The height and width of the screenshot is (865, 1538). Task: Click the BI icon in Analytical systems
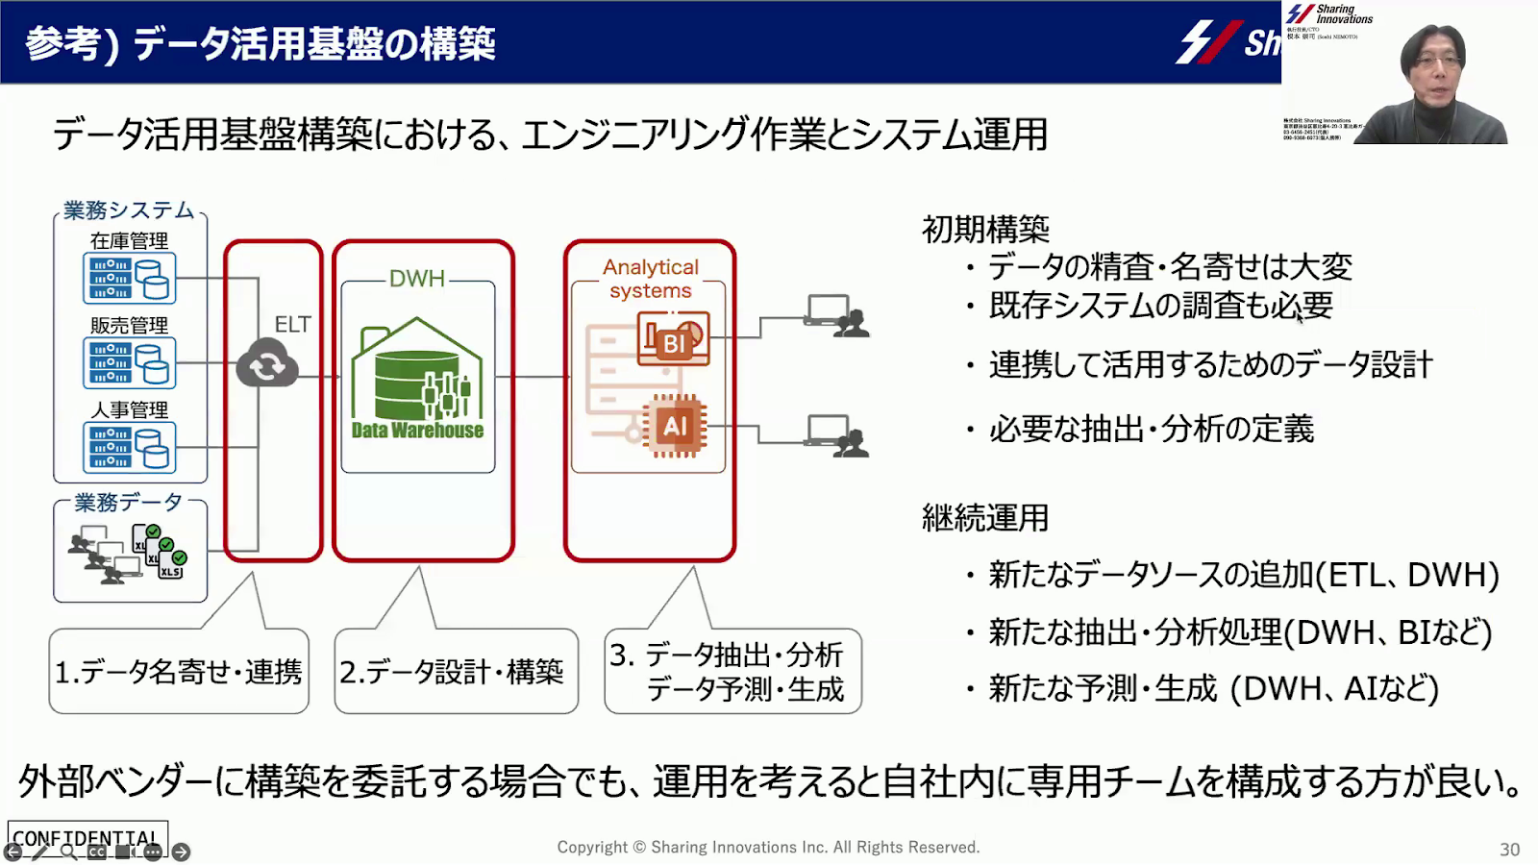coord(673,339)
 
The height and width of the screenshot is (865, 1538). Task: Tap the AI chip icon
coord(675,426)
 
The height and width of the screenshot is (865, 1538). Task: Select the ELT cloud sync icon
coord(266,364)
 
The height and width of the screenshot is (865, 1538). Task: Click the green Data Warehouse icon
coord(417,380)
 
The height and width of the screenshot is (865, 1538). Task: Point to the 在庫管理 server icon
coord(130,278)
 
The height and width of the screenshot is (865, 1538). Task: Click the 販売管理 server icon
coord(130,362)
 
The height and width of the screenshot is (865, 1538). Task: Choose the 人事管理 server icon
coord(130,447)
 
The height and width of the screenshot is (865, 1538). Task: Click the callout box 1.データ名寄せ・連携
coord(179,672)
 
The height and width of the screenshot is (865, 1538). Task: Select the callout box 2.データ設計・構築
coord(456,672)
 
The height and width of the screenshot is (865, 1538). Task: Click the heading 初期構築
coord(985,230)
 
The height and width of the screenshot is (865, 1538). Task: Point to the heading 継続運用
coord(985,518)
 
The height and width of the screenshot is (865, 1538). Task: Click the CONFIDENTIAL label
coord(87,837)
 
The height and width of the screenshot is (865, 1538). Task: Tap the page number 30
coord(1509,850)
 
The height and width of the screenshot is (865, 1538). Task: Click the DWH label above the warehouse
coord(417,279)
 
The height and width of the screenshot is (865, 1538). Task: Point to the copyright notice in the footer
coord(768,847)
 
